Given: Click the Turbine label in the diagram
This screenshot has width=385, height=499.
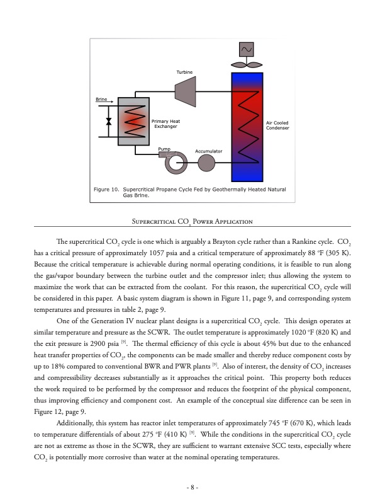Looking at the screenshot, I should click(x=184, y=72).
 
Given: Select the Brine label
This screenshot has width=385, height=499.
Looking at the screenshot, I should click(x=101, y=100).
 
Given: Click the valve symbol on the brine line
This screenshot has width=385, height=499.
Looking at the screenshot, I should click(x=109, y=121).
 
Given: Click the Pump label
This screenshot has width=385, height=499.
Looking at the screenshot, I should click(x=164, y=149).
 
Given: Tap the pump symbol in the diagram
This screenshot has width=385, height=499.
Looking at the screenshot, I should click(x=172, y=163).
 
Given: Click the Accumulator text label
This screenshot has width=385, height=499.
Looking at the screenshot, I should click(x=209, y=151).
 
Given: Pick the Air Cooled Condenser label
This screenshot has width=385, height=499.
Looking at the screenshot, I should click(x=277, y=125).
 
